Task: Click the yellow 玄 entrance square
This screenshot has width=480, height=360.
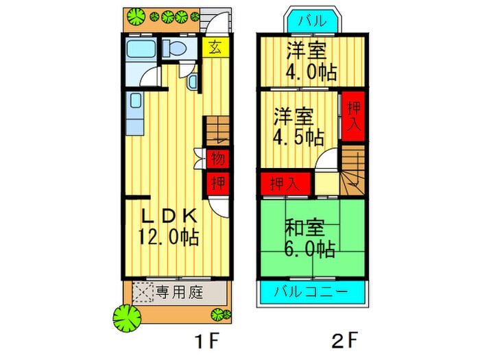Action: point(215,47)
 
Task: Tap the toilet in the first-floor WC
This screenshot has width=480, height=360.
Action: point(174,48)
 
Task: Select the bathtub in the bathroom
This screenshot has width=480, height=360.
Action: point(141,49)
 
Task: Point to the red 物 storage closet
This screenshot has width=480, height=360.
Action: point(217,158)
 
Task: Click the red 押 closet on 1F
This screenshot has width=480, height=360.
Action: point(217,183)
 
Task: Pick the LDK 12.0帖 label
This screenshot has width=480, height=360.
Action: point(169,227)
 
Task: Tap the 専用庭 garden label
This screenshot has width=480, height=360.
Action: point(179,292)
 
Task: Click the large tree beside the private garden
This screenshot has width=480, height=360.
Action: point(127,318)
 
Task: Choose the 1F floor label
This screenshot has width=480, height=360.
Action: point(208,341)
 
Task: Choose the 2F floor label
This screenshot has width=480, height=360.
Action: point(344,340)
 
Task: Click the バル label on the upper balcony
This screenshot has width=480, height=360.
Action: point(312,21)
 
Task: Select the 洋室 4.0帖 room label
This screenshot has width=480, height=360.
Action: point(311,61)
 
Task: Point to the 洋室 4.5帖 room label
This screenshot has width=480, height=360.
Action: point(298,126)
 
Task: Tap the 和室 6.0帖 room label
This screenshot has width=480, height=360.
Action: point(309,237)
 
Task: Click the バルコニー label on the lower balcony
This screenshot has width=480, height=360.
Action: point(311,291)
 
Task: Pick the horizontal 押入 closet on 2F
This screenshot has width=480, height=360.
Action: point(286,184)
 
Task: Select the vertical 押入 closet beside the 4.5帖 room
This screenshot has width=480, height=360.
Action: point(354,117)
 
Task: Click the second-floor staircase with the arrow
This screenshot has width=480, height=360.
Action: point(352,170)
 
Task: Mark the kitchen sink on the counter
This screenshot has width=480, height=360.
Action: point(135,101)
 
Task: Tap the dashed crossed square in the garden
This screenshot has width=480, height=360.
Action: point(143,292)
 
